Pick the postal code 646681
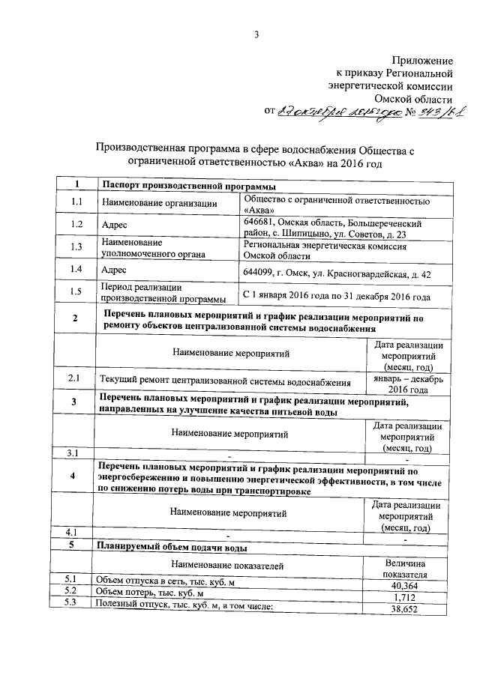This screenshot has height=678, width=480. coord(260,223)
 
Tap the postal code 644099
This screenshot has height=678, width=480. coord(260,270)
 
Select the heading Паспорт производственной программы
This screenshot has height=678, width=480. coord(187,186)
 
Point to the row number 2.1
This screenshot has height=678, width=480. coord(73,379)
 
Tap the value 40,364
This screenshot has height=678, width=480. coord(405,584)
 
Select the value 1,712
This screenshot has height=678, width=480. coord(405,597)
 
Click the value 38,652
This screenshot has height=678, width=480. coord(405,610)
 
